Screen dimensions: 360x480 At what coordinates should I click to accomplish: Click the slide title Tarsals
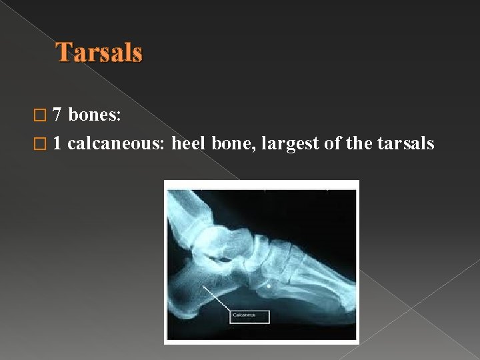99,53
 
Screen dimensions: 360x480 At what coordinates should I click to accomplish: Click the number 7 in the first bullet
57,115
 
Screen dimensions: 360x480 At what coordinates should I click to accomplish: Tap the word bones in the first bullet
94,115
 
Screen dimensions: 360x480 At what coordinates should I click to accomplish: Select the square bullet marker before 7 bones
45,116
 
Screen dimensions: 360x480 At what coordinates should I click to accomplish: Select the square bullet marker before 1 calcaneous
45,144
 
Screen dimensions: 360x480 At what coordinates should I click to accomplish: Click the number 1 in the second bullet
57,143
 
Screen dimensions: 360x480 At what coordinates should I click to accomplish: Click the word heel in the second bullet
187,143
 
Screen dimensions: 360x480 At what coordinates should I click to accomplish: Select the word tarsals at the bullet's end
406,143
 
